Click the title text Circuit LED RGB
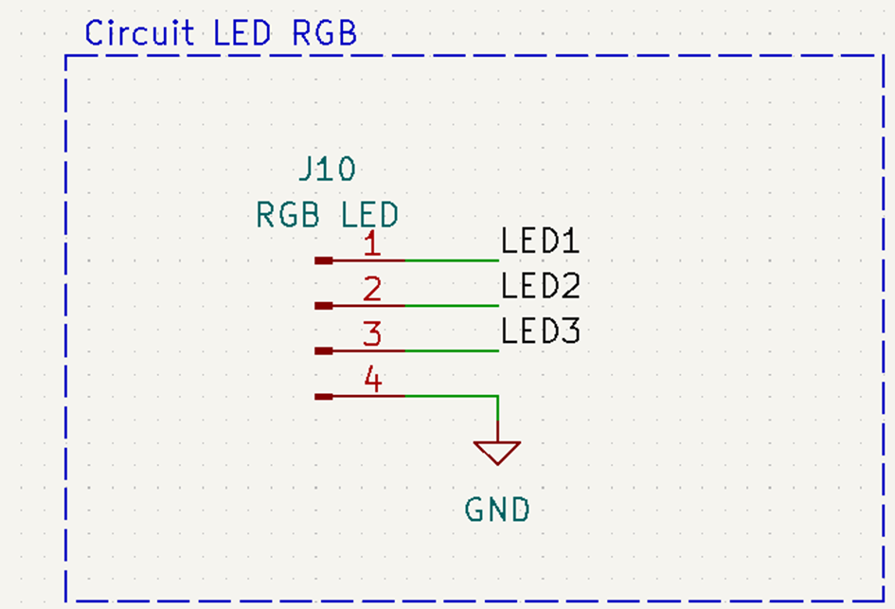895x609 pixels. [x=221, y=33]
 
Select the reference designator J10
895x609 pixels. [x=327, y=170]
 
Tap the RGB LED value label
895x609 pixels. [x=327, y=215]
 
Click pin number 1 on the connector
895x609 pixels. [x=372, y=245]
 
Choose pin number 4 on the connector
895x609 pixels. [x=372, y=382]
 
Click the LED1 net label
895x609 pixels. [x=540, y=242]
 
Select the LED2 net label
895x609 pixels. [x=540, y=286]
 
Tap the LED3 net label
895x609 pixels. [x=540, y=331]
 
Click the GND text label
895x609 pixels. [x=497, y=510]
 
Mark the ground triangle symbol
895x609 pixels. [x=497, y=452]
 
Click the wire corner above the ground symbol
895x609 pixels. [x=497, y=396]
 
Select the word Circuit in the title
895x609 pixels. [x=139, y=33]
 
